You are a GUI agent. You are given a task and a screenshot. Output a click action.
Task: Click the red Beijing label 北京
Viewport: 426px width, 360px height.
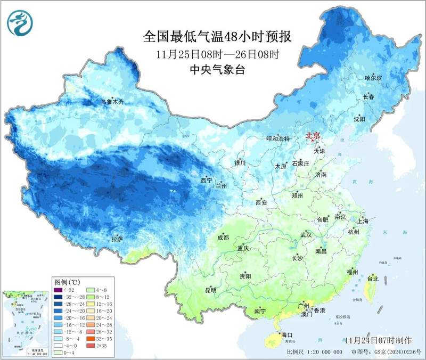[x=313, y=136]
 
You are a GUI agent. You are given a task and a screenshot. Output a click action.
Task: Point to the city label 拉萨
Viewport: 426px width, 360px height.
[x=117, y=239]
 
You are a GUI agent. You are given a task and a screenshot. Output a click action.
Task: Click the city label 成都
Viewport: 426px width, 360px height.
[x=223, y=237]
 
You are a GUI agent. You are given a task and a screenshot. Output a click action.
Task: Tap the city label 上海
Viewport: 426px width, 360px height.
[x=364, y=220]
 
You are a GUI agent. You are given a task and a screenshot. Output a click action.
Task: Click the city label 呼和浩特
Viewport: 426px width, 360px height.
[x=277, y=138]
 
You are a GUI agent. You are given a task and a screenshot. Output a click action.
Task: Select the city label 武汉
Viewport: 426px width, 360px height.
[x=306, y=234]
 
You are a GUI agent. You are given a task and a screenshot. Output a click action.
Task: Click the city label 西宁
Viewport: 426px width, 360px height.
[x=206, y=181]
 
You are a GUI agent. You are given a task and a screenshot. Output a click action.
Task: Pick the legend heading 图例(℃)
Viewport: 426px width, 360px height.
[x=67, y=281]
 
